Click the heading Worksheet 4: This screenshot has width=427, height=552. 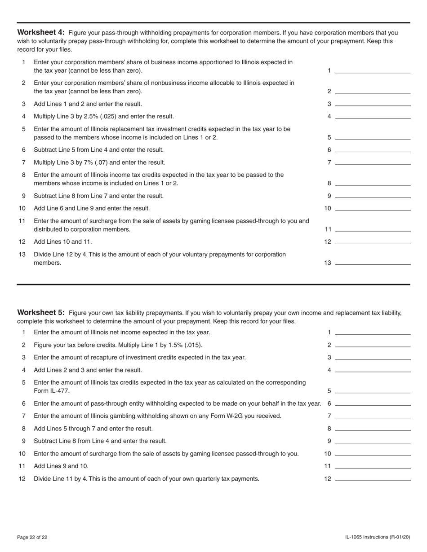(x=41, y=32)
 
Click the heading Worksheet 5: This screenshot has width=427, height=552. (x=41, y=313)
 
